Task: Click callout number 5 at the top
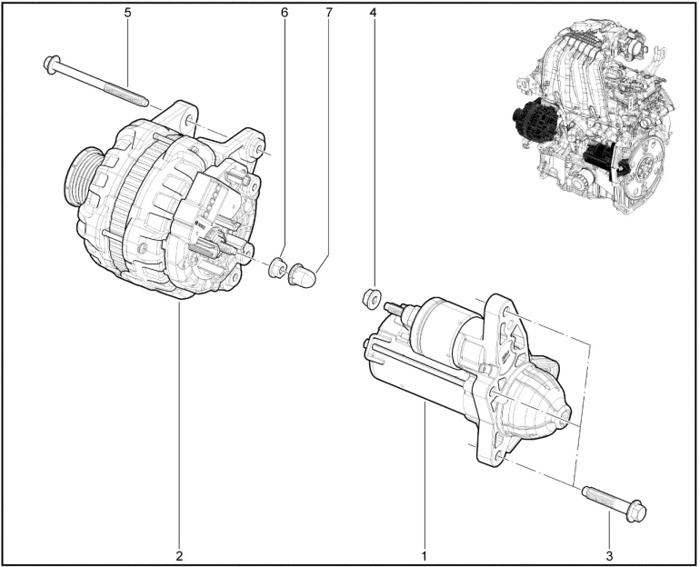(x=127, y=13)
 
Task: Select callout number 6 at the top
(x=285, y=13)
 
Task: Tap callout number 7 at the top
(x=329, y=13)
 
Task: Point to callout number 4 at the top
(x=373, y=13)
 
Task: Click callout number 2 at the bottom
(x=179, y=556)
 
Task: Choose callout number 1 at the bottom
(x=425, y=556)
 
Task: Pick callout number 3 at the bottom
(x=609, y=556)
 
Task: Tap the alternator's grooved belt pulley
(x=83, y=177)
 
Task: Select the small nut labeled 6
(x=276, y=267)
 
